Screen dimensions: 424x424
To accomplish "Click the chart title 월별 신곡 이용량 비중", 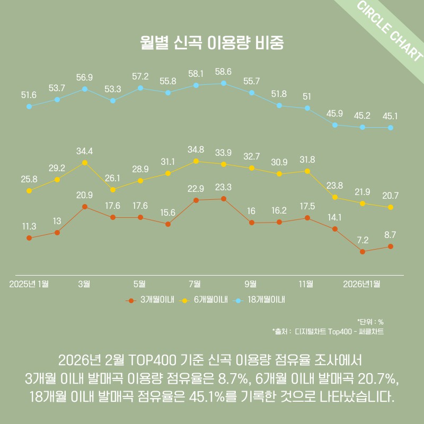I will point(212,43).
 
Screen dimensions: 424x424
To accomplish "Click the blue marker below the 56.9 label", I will point(85,89).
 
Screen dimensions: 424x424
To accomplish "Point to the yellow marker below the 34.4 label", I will point(85,163).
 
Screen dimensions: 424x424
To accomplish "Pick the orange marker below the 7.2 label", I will point(363,252).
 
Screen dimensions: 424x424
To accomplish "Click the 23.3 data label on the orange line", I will point(223,187).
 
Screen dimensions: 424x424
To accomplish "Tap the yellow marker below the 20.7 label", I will point(391,207).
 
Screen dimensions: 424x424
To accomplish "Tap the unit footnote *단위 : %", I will point(370,322).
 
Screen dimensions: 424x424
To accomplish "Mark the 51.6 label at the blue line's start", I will point(29,95).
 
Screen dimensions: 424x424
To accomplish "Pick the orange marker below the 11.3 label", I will point(29,238).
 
